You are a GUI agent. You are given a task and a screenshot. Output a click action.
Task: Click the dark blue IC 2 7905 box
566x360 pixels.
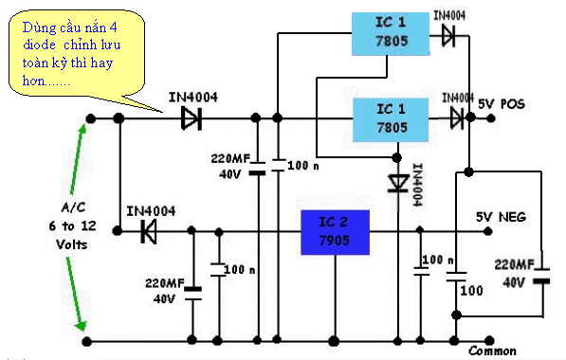335,232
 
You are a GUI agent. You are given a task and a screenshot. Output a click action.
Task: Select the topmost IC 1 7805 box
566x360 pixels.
391,34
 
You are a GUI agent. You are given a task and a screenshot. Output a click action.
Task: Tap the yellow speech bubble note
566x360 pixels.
77,54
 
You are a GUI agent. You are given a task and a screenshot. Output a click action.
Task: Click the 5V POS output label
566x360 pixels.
502,104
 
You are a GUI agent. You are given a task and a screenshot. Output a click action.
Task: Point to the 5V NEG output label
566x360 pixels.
501,217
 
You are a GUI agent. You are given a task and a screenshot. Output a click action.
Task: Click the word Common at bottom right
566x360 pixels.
492,351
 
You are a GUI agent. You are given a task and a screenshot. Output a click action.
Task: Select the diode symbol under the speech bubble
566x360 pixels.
192,118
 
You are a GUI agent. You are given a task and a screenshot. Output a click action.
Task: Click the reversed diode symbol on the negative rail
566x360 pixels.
148,231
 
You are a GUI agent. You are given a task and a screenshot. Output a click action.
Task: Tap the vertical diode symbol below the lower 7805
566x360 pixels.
398,183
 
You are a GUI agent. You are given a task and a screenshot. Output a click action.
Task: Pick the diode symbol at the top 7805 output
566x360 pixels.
448,36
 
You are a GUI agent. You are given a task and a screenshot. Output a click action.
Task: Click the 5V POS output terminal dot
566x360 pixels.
490,118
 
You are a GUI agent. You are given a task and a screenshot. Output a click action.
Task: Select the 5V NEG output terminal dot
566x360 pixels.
488,231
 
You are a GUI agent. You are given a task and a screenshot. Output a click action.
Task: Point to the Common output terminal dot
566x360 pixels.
489,340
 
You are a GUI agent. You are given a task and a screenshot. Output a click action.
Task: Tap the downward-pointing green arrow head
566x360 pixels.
82,325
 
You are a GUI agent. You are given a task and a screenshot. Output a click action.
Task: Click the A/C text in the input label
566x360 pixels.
73,207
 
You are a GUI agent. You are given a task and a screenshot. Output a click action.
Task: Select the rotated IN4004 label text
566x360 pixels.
418,185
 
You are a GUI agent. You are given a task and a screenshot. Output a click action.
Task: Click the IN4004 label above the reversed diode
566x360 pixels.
151,211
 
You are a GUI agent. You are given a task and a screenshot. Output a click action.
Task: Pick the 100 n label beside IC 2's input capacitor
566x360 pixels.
239,269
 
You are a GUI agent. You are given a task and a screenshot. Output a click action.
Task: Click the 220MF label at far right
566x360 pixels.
514,265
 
